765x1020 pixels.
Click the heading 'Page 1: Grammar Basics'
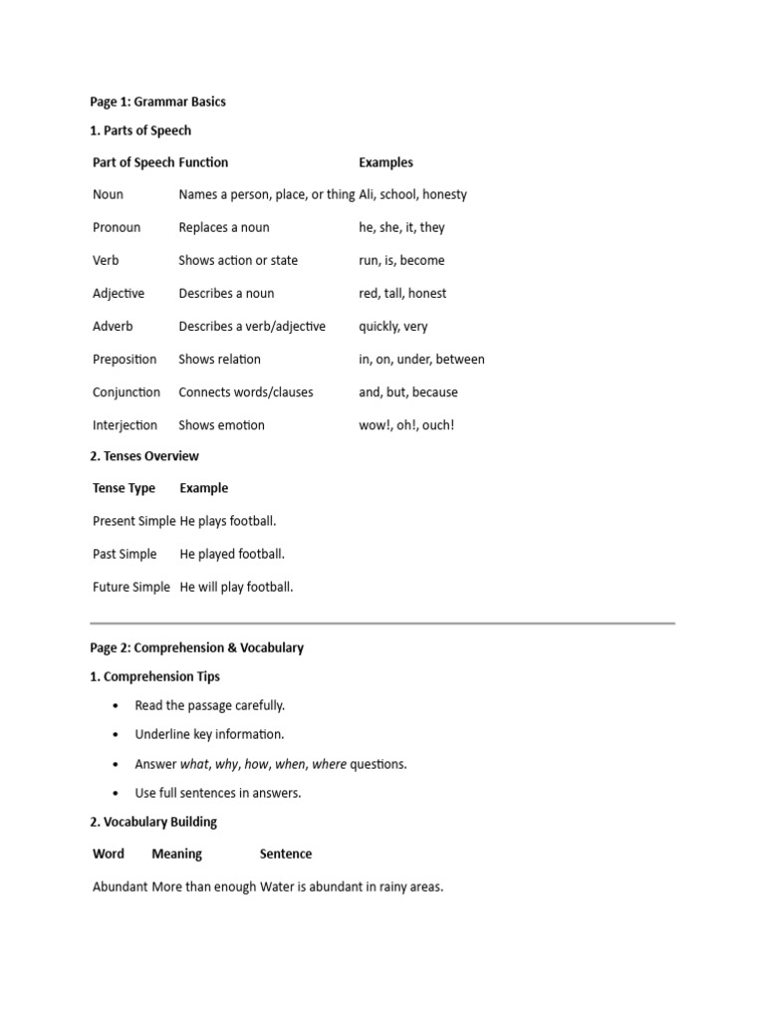pos(157,102)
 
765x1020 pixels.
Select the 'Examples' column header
pos(385,162)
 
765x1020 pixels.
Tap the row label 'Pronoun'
pos(117,227)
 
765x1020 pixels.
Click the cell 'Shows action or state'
pos(238,260)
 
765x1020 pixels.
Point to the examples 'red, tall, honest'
pos(402,293)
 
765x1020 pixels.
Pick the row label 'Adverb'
pos(113,326)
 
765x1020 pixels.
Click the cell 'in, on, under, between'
pos(421,359)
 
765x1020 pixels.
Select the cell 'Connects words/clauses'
pos(246,391)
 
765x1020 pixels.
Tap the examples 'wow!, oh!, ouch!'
pos(406,424)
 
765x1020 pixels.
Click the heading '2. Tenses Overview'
pos(144,456)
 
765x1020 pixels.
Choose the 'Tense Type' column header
pos(125,488)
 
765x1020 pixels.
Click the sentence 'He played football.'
pos(232,554)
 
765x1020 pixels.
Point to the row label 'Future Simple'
pos(131,587)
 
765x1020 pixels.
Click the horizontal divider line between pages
pos(382,624)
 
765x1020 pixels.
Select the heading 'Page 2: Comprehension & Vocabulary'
pos(196,647)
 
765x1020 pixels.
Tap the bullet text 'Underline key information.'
pos(209,734)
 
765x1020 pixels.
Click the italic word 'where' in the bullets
pos(329,764)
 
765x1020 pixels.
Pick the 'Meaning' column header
pos(176,854)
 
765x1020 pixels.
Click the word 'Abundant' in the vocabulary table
pos(120,887)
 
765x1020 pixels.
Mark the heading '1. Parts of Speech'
pos(140,130)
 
